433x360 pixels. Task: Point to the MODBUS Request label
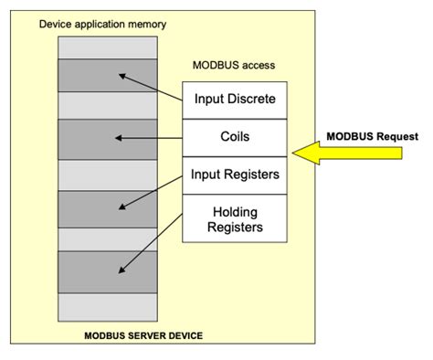point(372,136)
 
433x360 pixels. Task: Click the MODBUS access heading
point(234,66)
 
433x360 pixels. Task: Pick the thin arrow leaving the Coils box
point(152,138)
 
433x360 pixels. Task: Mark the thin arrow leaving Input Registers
point(152,190)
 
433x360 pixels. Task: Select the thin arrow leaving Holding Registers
point(151,241)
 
